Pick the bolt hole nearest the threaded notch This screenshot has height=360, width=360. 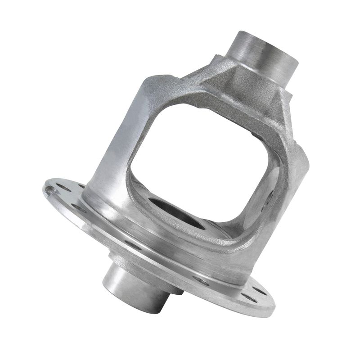(63, 186)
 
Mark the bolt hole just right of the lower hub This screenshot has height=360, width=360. (201, 281)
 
